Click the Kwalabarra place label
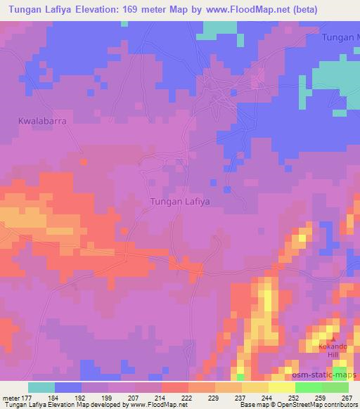tap(41, 121)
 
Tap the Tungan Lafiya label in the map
tap(181, 201)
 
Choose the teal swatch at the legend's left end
tap(41, 387)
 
